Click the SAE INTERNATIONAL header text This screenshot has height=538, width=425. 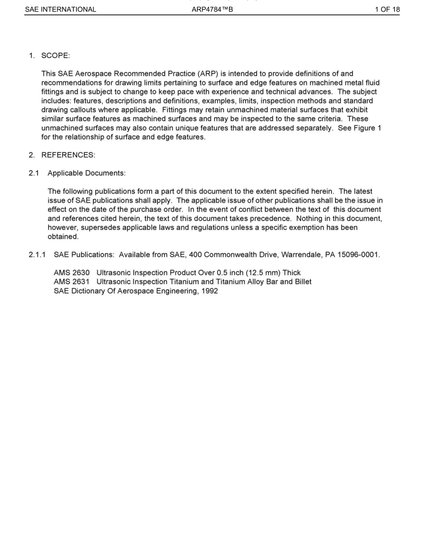point(60,9)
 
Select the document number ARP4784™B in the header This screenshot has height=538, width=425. point(212,9)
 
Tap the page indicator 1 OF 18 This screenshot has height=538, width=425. point(387,9)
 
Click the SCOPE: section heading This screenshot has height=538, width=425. point(56,56)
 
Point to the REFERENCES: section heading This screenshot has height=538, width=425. point(68,155)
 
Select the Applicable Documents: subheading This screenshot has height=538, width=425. point(86,172)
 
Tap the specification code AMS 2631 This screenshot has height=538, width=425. point(72,282)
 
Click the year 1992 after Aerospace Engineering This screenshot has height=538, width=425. point(209,291)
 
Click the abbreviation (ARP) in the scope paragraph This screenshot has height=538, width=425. point(208,73)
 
